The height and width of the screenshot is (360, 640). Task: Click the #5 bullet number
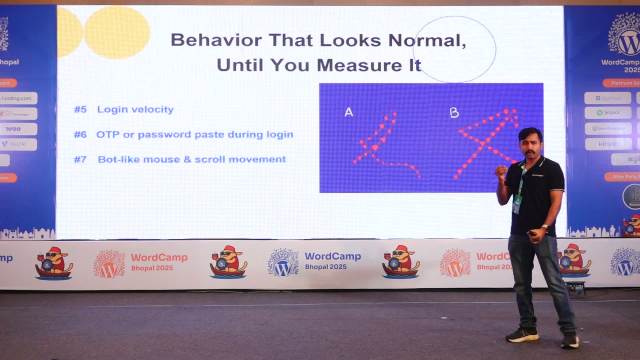point(80,108)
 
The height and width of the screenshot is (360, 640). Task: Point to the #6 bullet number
point(80,134)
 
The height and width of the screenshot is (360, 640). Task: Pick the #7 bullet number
point(80,159)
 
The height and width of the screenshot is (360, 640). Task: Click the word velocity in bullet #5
point(151,108)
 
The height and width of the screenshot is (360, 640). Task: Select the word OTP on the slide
point(108,134)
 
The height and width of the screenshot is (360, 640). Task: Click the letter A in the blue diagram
point(348,112)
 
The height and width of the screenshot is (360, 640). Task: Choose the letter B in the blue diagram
point(453,112)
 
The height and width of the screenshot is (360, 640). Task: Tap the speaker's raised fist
point(500,172)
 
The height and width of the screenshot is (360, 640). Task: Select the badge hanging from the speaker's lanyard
point(517,203)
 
